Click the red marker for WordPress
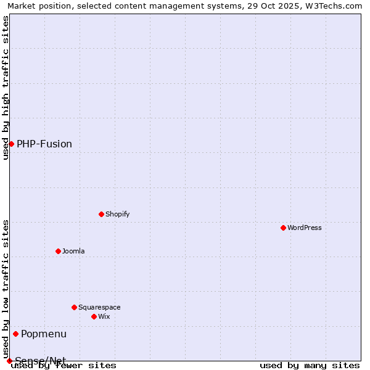[283, 228]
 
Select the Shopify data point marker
[101, 214]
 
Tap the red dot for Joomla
[58, 251]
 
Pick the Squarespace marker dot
[74, 307]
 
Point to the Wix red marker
[94, 316]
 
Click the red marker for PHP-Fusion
[11, 144]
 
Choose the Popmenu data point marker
[15, 334]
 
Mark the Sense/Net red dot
[9, 361]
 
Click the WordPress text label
[305, 228]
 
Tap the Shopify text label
[117, 214]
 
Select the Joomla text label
[73, 251]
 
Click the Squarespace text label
[99, 307]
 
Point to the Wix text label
[104, 316]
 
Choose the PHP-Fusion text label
[44, 144]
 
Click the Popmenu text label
[44, 334]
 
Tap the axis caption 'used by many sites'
[310, 365]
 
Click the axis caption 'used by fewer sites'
[64, 365]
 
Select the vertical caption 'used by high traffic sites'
[6, 88]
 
